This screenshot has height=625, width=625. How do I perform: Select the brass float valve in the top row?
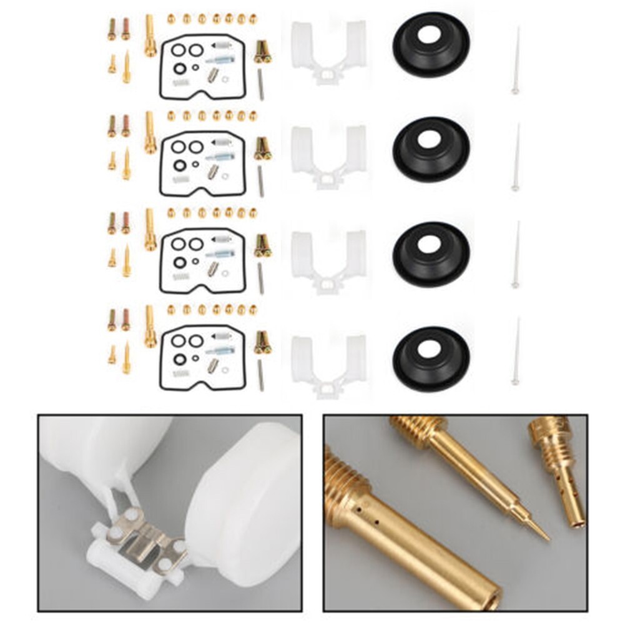point(262,52)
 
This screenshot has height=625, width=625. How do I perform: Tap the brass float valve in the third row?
point(262,245)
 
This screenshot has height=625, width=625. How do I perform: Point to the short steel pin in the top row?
point(260,84)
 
